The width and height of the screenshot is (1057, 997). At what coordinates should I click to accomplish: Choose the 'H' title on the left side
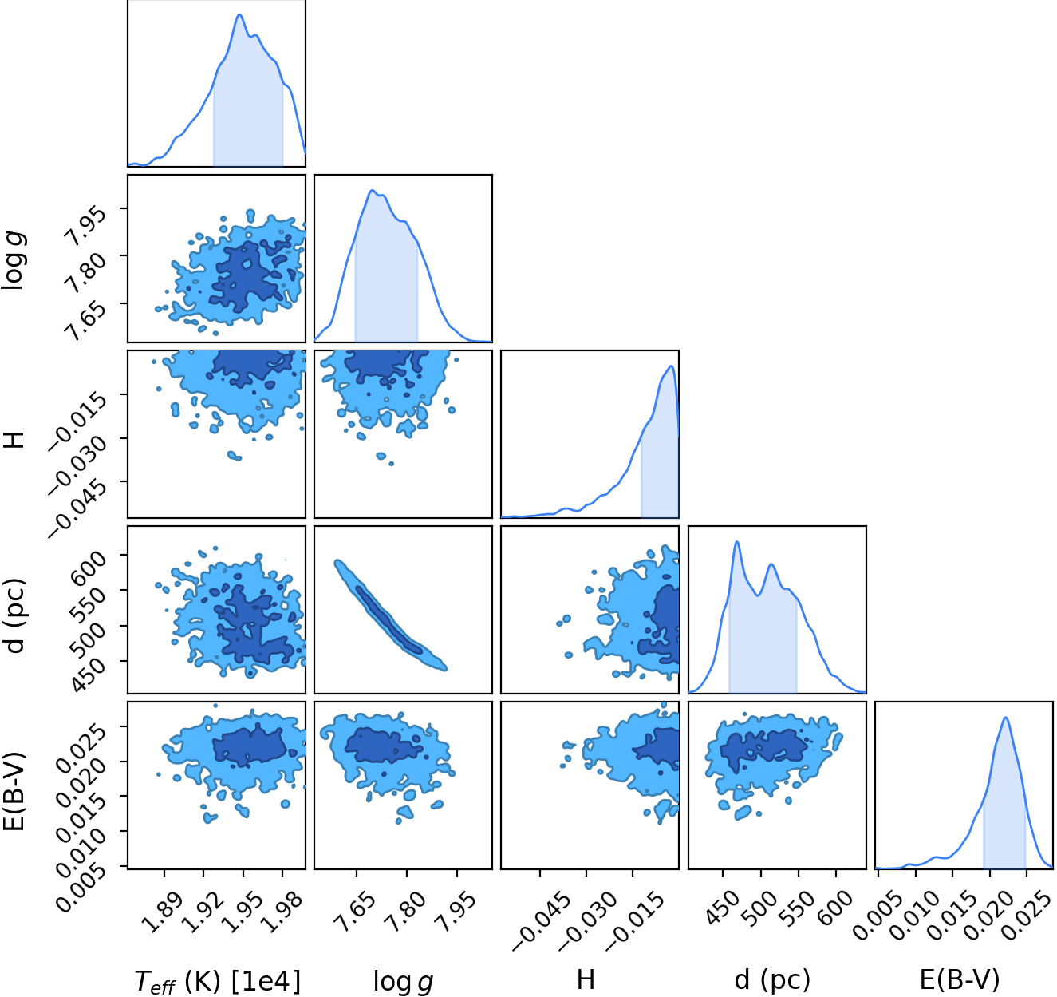coord(14,439)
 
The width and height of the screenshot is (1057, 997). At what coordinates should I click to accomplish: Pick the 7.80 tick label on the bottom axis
coord(407,912)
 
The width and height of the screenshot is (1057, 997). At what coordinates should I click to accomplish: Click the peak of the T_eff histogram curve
coord(239,14)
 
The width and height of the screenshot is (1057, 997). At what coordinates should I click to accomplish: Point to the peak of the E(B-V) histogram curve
coord(1006,718)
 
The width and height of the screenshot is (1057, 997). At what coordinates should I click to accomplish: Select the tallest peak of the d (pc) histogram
coord(737,542)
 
